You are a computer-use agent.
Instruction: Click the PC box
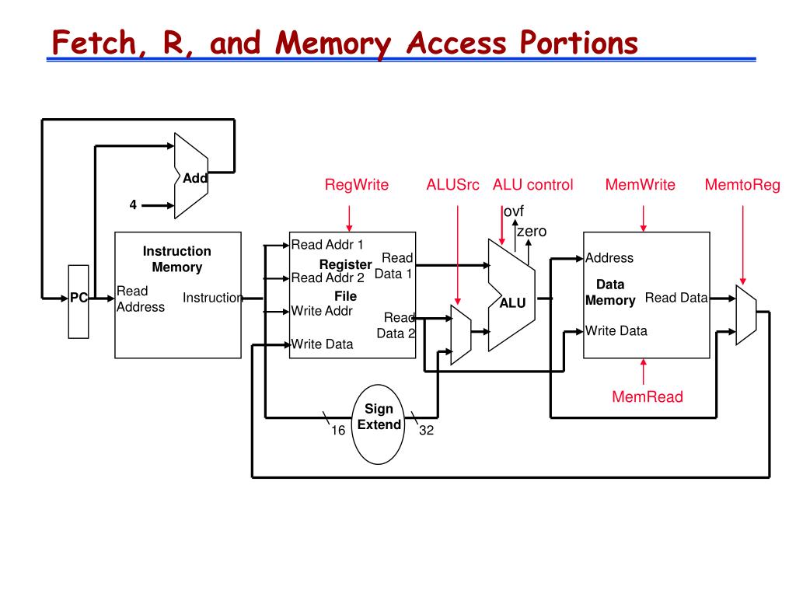(79, 301)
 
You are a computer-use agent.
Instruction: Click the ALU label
(512, 303)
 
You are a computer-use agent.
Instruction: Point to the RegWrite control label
(356, 185)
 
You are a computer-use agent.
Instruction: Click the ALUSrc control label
(452, 185)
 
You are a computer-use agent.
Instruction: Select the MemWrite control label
(640, 185)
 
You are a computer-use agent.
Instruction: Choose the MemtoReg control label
(742, 185)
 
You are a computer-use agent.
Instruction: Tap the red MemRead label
(647, 397)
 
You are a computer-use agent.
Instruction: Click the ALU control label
(532, 185)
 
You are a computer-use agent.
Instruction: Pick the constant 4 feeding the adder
(133, 205)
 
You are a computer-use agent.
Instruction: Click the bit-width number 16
(338, 431)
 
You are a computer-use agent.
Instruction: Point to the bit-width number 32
(426, 431)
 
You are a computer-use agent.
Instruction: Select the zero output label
(532, 231)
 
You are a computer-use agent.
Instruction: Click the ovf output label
(513, 212)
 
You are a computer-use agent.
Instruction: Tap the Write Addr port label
(322, 311)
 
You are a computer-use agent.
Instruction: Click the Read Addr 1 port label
(327, 244)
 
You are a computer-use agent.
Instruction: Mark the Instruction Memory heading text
(176, 259)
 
